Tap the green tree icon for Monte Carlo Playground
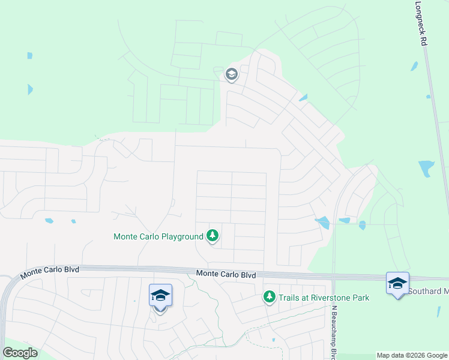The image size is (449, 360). (212, 236)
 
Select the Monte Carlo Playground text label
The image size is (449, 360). (158, 236)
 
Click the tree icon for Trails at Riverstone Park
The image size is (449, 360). (270, 297)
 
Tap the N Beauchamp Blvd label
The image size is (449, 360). (334, 330)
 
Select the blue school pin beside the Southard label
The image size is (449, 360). (397, 283)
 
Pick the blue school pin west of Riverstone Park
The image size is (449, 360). (160, 296)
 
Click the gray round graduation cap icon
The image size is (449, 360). (231, 74)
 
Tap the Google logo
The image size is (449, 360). (20, 353)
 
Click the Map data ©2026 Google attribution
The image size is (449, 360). (412, 356)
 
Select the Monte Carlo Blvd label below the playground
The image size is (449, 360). (226, 274)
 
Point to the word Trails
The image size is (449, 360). (288, 298)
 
